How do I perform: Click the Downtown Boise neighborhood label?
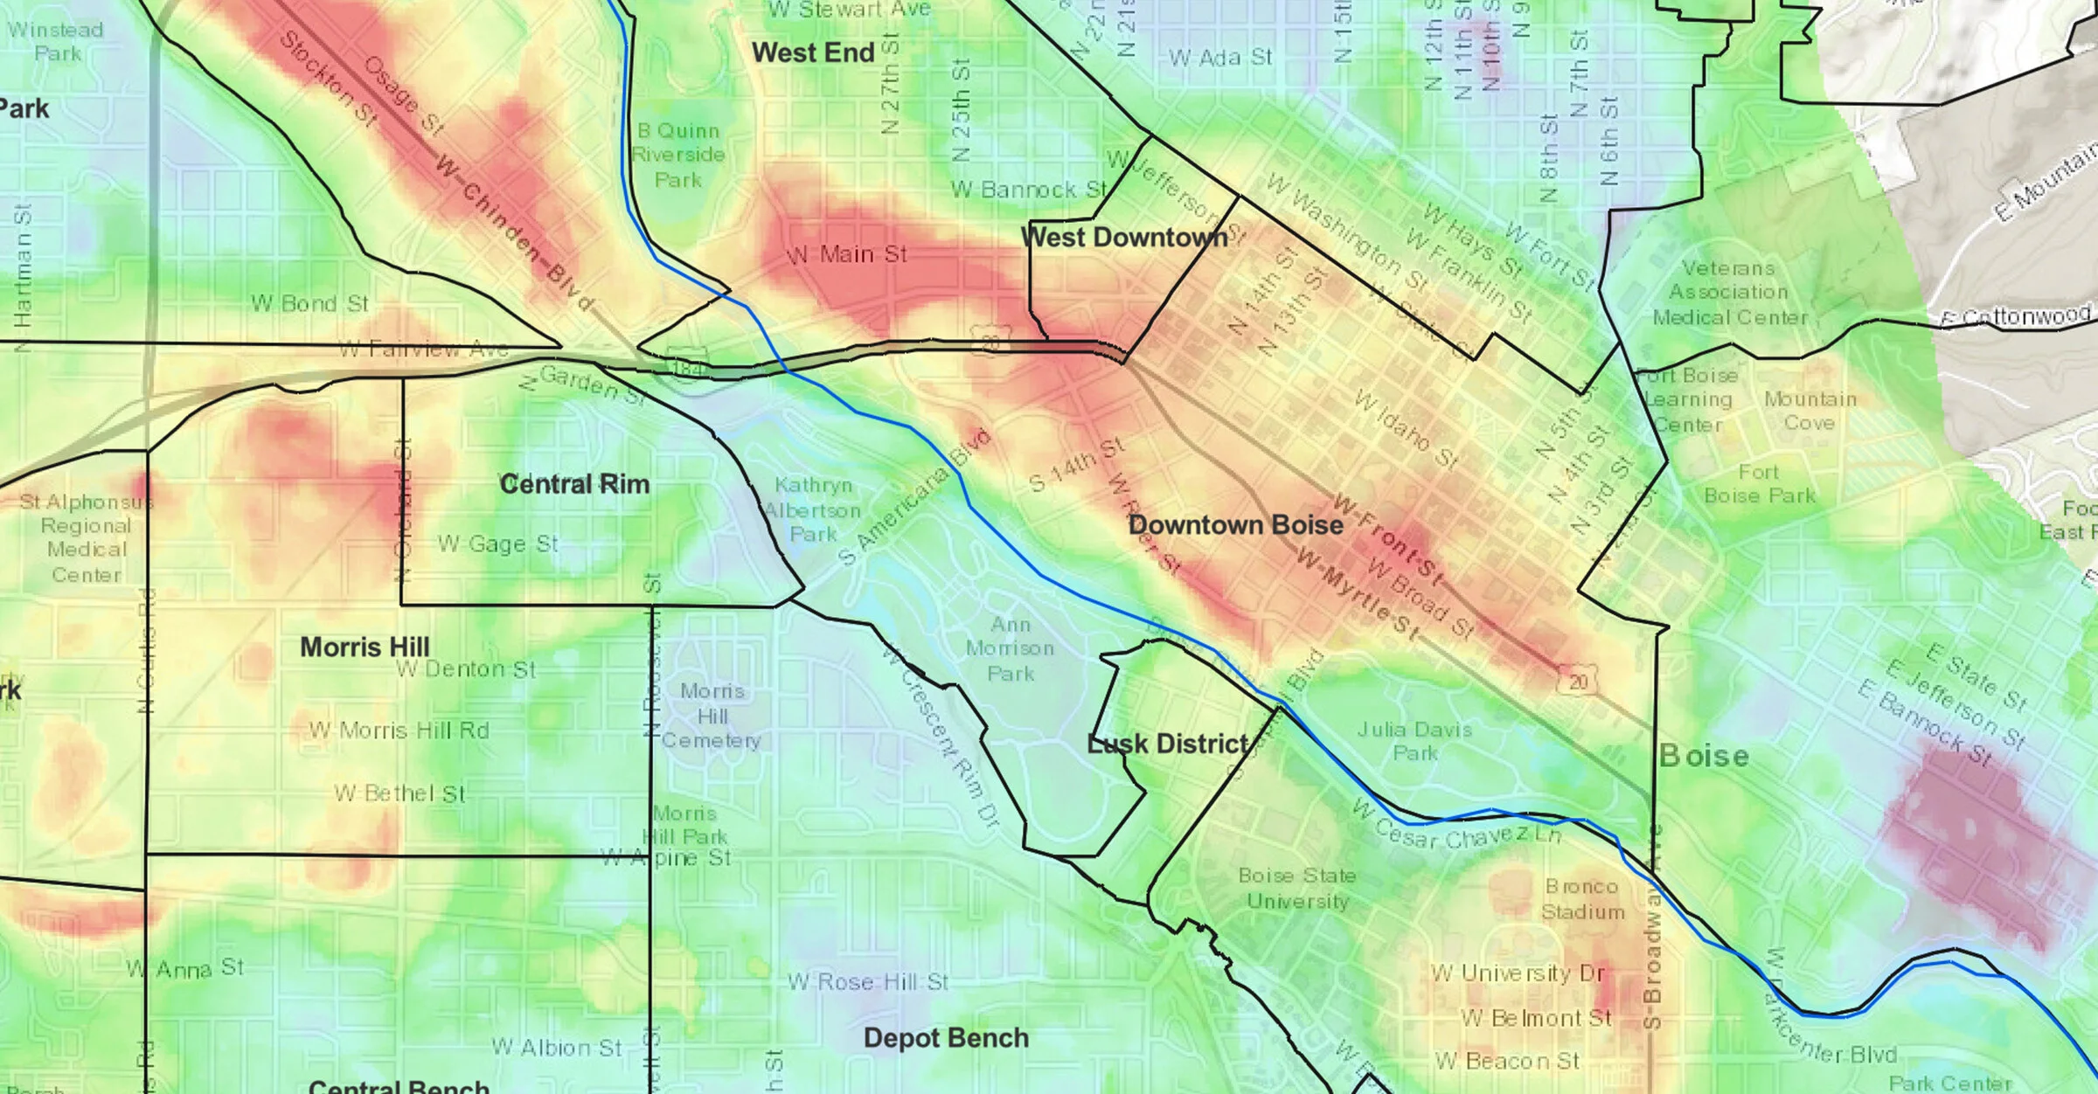[1235, 525]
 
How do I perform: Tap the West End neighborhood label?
[813, 53]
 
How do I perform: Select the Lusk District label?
[1169, 744]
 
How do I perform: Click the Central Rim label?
[574, 484]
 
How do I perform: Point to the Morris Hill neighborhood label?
[365, 647]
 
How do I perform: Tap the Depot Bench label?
[946, 1038]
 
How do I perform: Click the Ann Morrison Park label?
[1011, 649]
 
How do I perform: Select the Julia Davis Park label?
[1414, 741]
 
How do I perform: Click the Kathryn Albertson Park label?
[813, 509]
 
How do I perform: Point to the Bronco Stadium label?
[1582, 899]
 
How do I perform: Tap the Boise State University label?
[1297, 888]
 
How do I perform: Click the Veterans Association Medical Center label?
[1729, 293]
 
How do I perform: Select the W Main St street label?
[846, 255]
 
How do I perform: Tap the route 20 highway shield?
[1577, 681]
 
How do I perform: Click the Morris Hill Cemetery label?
[712, 716]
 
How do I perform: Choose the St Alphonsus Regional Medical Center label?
[86, 538]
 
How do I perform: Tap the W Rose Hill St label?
[867, 982]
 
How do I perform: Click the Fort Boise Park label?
[1759, 484]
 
